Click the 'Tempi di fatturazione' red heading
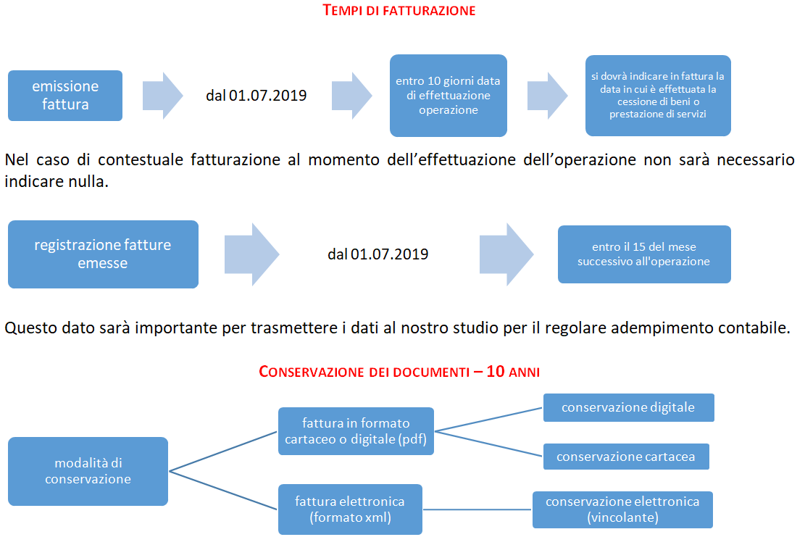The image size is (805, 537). coord(399,10)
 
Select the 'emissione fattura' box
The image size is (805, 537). coord(65,96)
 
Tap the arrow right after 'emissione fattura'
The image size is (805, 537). coord(163,96)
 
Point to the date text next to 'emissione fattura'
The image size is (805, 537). coord(256,96)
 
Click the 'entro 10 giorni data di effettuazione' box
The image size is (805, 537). coord(449,96)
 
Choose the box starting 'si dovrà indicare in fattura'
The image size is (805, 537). coord(658,96)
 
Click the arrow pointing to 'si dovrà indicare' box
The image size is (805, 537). coord(547,96)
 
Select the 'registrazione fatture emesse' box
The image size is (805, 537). coord(103,254)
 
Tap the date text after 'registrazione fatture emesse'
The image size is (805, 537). coord(378,254)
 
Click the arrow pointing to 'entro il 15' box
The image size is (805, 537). coord(506,254)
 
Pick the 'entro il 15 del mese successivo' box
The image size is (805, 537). coord(644,254)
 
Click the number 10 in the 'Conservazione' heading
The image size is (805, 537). coord(496,371)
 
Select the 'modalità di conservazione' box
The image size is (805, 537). coord(88,471)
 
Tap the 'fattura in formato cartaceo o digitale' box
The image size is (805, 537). coord(356,431)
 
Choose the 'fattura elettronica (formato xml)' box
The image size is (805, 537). coord(350,509)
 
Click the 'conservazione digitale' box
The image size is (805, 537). coord(628,407)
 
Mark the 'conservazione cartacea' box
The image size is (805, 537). coord(626,457)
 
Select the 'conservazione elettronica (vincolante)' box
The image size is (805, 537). coord(622,509)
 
